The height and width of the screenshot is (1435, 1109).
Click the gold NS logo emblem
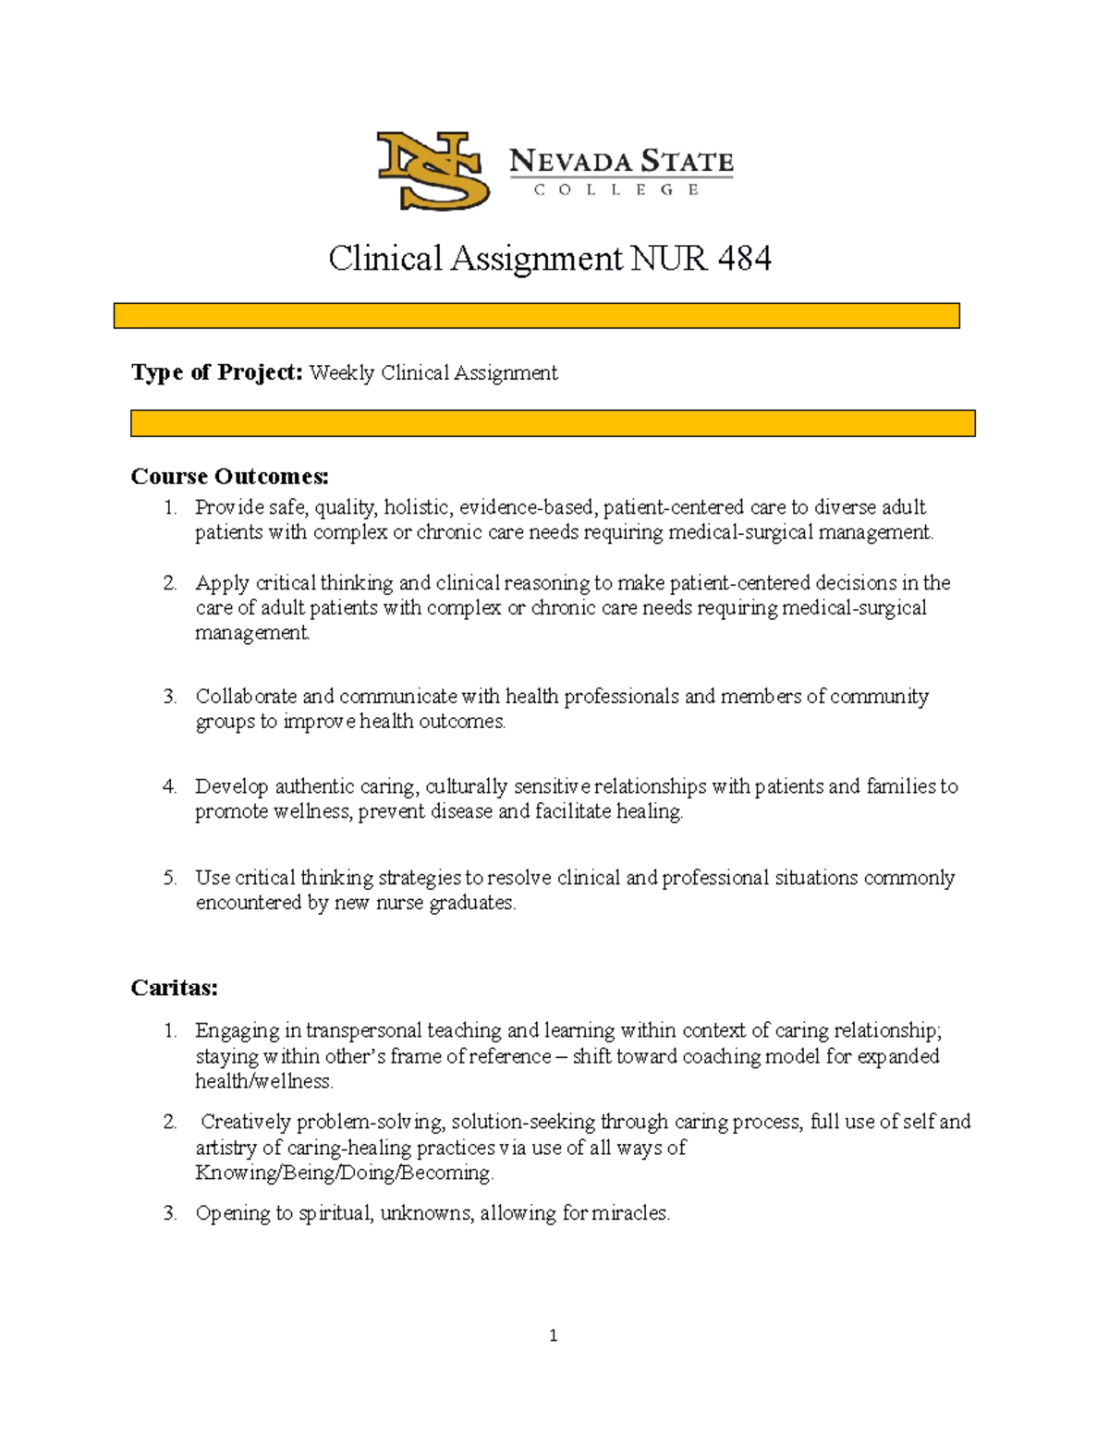[432, 170]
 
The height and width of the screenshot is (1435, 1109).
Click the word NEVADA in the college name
[569, 162]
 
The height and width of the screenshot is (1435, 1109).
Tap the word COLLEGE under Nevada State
[616, 189]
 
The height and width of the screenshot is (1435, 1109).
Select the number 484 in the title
[744, 259]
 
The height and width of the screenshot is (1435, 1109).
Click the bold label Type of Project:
[217, 372]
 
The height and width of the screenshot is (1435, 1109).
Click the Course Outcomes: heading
[230, 477]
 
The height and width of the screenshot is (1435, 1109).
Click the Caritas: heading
[175, 988]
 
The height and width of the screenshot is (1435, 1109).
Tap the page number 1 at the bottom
[553, 1335]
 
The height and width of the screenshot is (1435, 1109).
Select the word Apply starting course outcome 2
[222, 583]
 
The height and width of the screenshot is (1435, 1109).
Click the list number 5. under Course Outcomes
[170, 878]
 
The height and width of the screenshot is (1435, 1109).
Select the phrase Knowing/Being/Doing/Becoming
[344, 1173]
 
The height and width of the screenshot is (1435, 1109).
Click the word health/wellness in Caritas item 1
[263, 1081]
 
